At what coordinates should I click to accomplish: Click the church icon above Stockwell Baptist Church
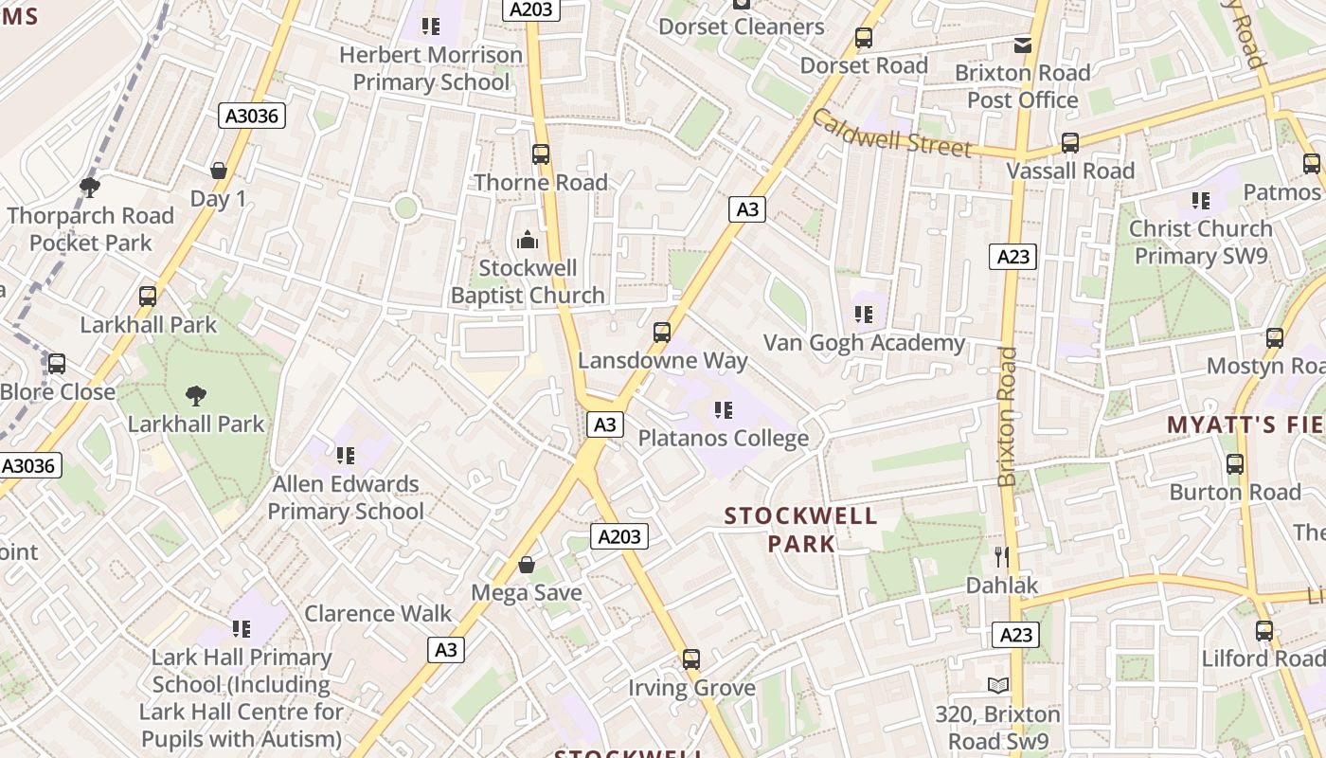tap(528, 240)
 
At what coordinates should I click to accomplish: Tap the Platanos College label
tap(724, 438)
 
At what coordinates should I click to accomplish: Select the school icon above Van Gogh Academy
tap(863, 314)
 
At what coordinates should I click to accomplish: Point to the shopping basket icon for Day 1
tap(219, 171)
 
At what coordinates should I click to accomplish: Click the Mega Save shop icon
tap(527, 566)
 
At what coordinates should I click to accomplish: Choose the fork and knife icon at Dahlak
tap(1002, 557)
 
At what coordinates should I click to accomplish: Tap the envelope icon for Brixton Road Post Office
tap(1022, 45)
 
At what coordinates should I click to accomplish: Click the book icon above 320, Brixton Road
tap(997, 685)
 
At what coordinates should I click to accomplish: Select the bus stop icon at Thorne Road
tap(541, 154)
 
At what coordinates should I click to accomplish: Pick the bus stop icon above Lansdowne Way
tap(662, 333)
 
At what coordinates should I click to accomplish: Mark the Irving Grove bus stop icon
tap(691, 659)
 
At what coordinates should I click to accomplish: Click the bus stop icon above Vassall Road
tap(1070, 143)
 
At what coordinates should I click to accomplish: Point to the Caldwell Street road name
tap(891, 134)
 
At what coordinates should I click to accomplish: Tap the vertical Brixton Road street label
tap(1008, 416)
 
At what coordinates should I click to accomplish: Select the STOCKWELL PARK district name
tap(801, 530)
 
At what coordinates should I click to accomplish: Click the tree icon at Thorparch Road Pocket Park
tap(90, 187)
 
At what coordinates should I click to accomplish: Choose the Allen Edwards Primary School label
tap(346, 497)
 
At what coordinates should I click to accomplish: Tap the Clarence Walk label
tap(378, 613)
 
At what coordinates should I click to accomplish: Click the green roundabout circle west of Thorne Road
tap(406, 208)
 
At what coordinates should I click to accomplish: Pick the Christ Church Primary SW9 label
tap(1200, 242)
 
